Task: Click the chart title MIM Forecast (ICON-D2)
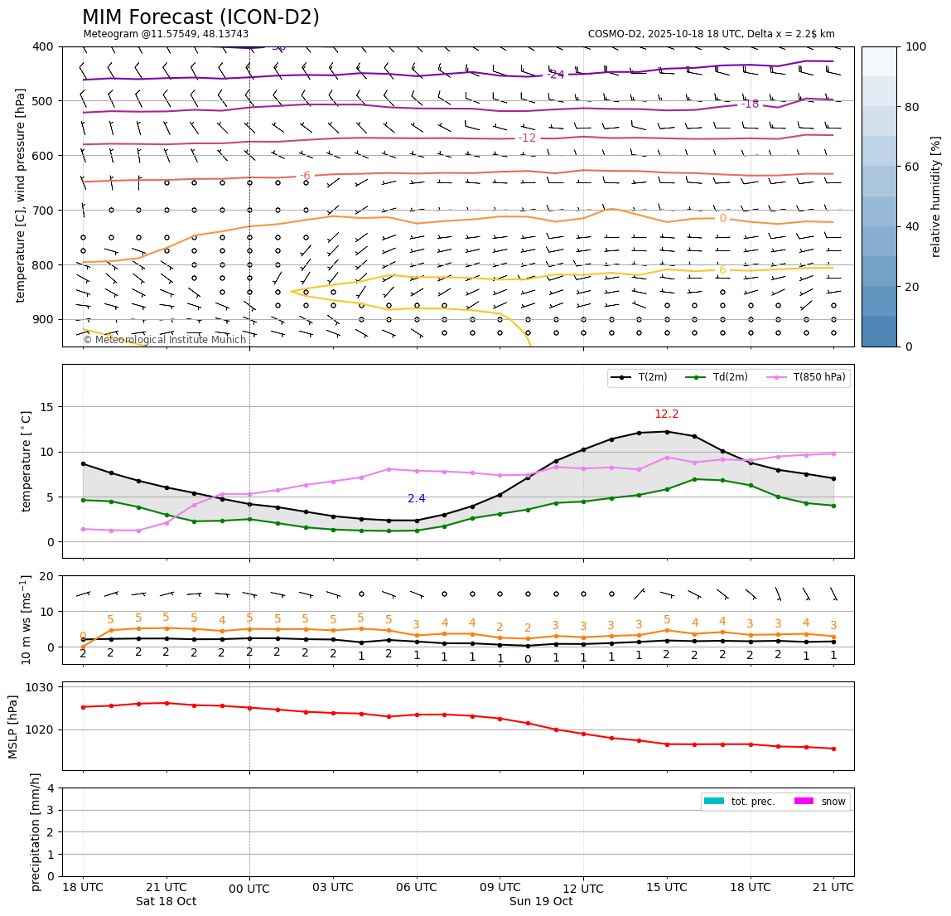(x=200, y=17)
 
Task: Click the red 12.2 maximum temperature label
(x=666, y=414)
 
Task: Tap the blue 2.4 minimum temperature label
(x=417, y=499)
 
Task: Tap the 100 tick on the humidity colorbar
(x=915, y=46)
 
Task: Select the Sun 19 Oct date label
(x=541, y=902)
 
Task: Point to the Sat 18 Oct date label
(x=166, y=902)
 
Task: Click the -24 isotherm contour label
(x=557, y=75)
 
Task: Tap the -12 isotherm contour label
(x=528, y=138)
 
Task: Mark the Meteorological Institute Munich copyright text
(x=165, y=340)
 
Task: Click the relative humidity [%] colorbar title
(x=937, y=196)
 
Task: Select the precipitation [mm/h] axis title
(x=36, y=831)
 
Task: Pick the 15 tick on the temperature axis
(x=47, y=407)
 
